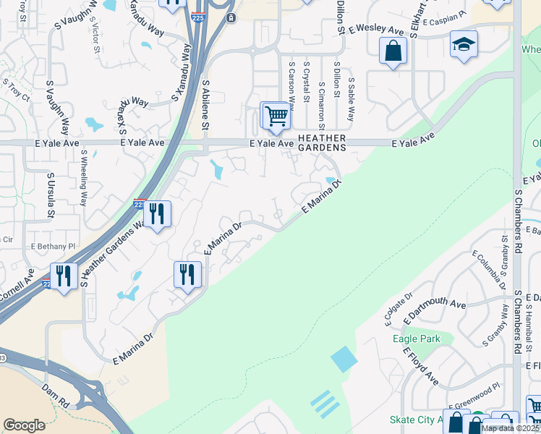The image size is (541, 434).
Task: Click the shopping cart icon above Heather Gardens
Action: click(x=276, y=116)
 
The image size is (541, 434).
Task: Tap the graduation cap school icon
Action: click(x=463, y=46)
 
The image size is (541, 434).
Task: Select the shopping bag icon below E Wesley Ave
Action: click(x=393, y=51)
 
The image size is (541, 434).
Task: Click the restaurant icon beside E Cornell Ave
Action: click(x=64, y=276)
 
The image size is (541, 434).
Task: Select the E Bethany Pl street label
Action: click(x=52, y=247)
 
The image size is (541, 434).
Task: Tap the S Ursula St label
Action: click(x=50, y=194)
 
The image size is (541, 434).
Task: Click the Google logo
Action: click(x=24, y=425)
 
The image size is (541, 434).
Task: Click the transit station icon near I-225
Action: click(x=230, y=17)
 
